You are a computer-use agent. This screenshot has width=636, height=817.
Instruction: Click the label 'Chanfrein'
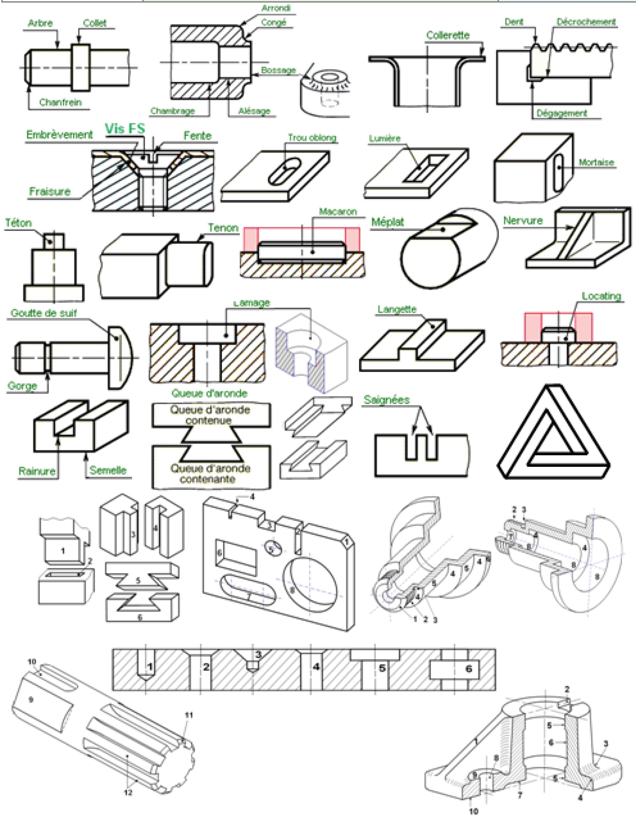tap(60, 102)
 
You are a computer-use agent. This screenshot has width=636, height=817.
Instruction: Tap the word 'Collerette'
tap(447, 35)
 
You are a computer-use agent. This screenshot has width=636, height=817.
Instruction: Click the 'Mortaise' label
tap(596, 162)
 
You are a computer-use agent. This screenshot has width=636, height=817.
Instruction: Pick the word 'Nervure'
tap(523, 221)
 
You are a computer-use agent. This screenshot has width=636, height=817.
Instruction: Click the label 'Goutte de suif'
tap(43, 313)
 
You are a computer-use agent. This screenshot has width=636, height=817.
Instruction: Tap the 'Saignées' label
tap(386, 400)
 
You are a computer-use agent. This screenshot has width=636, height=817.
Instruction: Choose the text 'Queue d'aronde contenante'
tap(210, 474)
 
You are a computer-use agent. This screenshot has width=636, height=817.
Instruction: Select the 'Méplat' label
tap(387, 222)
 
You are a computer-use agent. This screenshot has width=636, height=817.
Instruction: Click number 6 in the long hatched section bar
tap(468, 669)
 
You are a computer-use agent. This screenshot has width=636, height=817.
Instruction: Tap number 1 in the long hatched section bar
tap(150, 667)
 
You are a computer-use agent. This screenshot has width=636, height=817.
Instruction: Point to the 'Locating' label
tap(601, 296)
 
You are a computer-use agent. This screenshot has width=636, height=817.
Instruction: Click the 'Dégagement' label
tap(562, 113)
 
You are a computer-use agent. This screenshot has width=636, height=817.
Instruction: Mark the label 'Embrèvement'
tap(59, 135)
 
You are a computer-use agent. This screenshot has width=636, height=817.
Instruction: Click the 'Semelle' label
tap(108, 470)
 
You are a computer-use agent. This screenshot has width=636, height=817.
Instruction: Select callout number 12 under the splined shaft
tap(128, 793)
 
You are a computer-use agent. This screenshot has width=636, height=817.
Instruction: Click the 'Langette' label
tap(397, 309)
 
